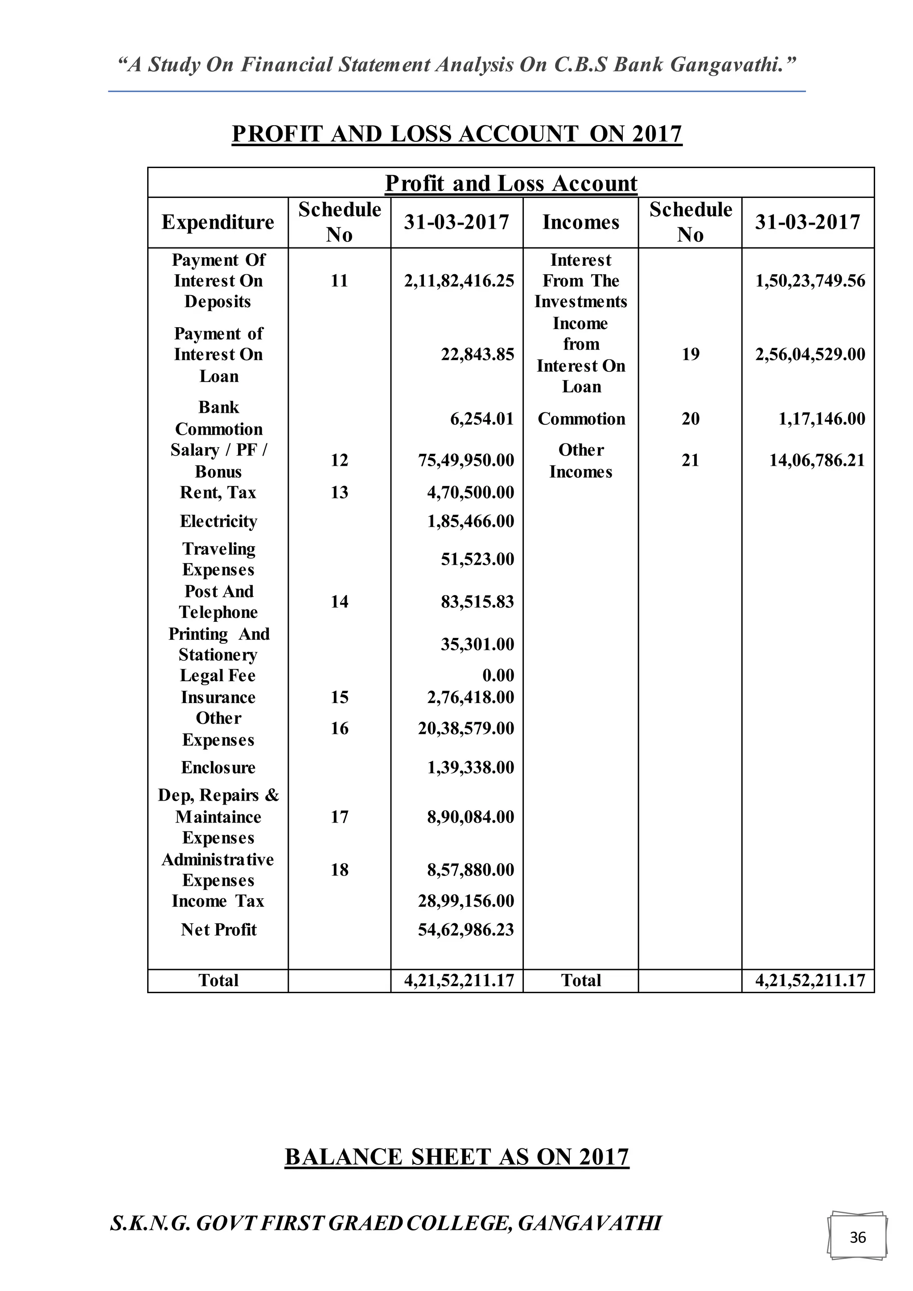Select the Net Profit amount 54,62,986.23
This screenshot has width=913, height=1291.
coord(465,929)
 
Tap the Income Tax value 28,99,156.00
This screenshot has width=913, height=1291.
coord(465,901)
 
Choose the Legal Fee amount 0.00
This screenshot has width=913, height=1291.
coord(498,675)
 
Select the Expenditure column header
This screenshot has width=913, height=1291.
coord(218,222)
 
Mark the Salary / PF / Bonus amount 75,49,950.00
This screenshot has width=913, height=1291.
coord(465,460)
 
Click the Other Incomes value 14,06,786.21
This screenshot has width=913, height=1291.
coord(817,460)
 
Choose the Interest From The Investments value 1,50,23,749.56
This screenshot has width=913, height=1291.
coord(810,280)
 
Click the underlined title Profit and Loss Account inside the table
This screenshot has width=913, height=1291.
coord(510,183)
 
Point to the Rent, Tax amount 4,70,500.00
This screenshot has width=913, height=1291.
coord(470,493)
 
